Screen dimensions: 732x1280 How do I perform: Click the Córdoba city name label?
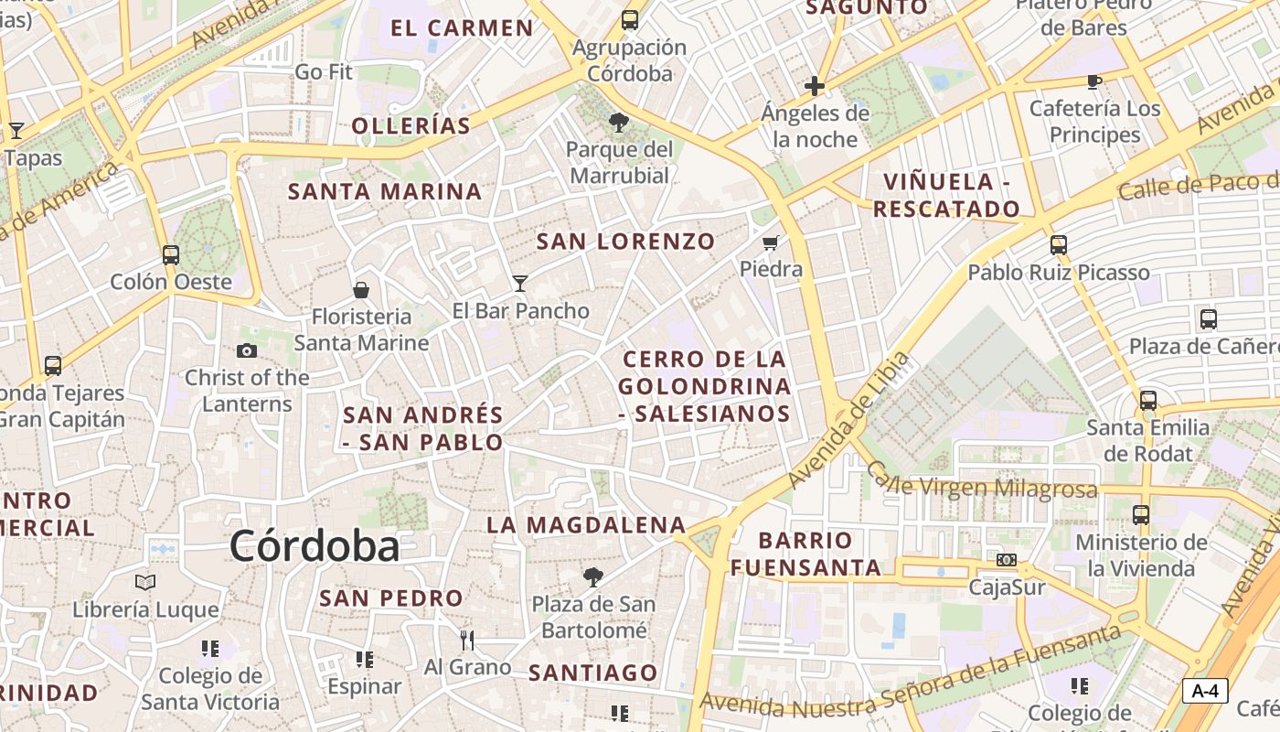click(315, 546)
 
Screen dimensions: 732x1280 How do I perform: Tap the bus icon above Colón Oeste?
click(171, 255)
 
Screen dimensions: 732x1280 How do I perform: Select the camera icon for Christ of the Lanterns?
click(246, 350)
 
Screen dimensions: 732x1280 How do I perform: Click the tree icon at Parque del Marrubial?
click(619, 122)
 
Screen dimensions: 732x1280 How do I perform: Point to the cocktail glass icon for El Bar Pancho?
click(520, 284)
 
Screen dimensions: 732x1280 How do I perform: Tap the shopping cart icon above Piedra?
click(771, 243)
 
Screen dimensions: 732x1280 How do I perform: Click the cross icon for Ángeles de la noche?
click(814, 87)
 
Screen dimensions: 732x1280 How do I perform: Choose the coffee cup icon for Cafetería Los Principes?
click(1094, 82)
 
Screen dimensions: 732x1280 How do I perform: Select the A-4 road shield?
click(1204, 691)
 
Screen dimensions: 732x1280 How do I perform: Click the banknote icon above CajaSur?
click(1006, 560)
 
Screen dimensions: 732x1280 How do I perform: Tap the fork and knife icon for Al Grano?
click(467, 640)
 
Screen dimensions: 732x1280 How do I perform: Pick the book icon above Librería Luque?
click(145, 582)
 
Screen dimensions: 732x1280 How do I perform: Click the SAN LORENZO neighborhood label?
click(625, 242)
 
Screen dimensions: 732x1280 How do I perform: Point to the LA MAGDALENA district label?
click(586, 525)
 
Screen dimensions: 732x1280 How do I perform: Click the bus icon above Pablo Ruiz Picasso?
click(1059, 245)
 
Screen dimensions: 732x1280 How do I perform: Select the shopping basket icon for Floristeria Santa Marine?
click(361, 290)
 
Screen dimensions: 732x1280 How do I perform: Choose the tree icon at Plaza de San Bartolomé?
click(593, 577)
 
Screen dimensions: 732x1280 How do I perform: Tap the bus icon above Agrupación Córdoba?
click(629, 20)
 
